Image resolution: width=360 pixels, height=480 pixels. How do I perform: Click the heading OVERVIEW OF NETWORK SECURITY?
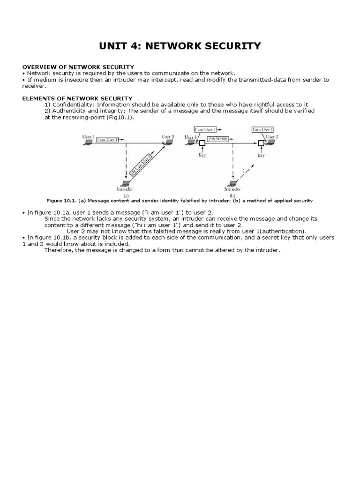coord(78,67)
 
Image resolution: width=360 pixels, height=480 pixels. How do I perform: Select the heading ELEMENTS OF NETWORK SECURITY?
coord(78,98)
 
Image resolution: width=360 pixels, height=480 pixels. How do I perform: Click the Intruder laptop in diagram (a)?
coord(125,183)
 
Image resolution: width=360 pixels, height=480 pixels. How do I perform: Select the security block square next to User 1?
coord(202,143)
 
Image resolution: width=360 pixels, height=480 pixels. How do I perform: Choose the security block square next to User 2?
coord(261,143)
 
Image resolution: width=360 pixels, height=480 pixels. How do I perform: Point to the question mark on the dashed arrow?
coord(242,170)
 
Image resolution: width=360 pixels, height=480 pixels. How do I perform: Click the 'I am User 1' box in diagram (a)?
coord(107,140)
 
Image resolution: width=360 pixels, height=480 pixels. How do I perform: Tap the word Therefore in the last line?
coord(60,250)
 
